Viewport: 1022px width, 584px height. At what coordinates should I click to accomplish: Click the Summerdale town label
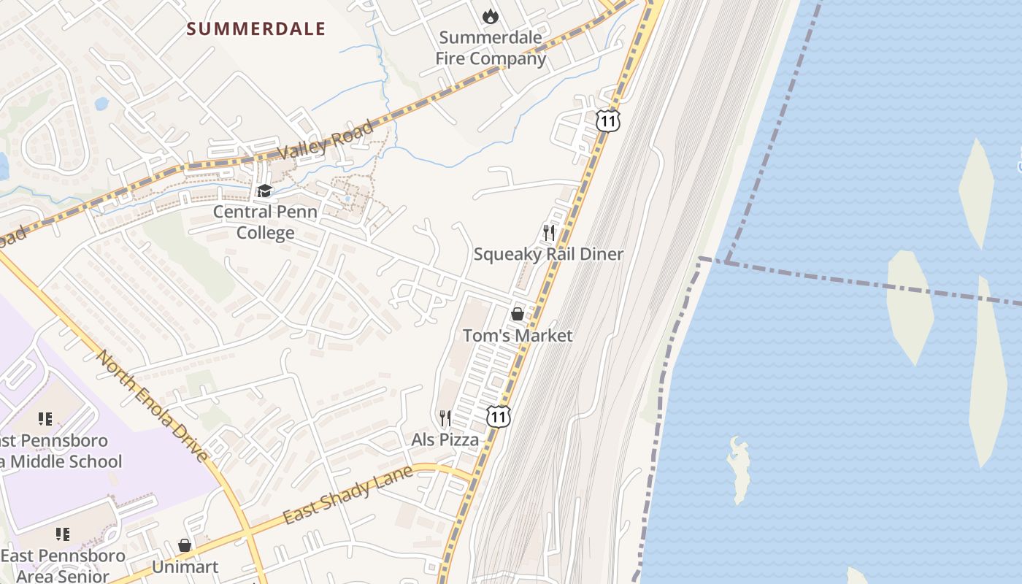(x=255, y=29)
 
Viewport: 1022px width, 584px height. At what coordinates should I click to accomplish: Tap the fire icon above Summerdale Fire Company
(x=491, y=15)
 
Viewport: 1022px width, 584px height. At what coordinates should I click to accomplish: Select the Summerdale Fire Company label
(x=491, y=48)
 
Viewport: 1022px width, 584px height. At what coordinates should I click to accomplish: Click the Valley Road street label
(x=326, y=140)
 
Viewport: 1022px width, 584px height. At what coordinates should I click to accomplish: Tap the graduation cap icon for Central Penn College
(x=264, y=191)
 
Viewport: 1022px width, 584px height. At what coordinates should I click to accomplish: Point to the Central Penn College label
(x=265, y=223)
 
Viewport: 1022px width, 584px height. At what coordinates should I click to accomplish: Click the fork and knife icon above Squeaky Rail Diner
(x=549, y=233)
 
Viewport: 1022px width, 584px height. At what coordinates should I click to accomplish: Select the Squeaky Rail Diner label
(x=548, y=254)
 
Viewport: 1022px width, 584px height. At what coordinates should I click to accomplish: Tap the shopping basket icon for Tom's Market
(x=518, y=314)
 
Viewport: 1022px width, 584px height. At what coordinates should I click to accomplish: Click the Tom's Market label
(x=518, y=336)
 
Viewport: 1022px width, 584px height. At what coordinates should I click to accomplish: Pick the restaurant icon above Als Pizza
(x=445, y=418)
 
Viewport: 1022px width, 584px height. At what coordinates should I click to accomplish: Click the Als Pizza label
(x=445, y=439)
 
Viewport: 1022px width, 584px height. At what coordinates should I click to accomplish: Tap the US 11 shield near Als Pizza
(x=498, y=417)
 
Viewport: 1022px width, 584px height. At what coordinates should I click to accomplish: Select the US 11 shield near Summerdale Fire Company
(x=607, y=120)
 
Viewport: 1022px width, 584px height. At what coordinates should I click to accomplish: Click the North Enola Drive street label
(x=153, y=405)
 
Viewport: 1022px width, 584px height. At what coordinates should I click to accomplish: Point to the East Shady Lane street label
(x=347, y=494)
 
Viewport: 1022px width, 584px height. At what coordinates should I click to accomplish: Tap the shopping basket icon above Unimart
(x=185, y=545)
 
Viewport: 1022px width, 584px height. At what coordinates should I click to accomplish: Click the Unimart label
(x=185, y=567)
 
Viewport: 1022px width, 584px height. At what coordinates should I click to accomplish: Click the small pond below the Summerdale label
(x=101, y=104)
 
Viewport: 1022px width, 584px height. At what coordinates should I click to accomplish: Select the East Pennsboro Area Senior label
(x=62, y=566)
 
